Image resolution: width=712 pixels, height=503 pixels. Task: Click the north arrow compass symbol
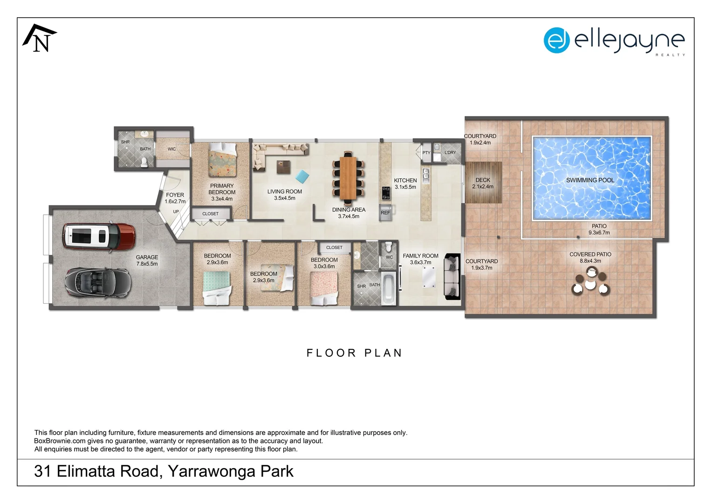click(x=40, y=39)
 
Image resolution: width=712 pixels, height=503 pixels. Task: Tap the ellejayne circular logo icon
click(x=556, y=41)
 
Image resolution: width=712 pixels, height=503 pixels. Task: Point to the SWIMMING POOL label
click(x=590, y=180)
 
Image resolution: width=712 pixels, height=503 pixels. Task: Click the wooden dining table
click(x=348, y=177)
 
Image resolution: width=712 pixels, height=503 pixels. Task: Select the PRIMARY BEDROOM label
click(x=222, y=189)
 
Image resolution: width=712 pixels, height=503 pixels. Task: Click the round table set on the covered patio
click(x=591, y=282)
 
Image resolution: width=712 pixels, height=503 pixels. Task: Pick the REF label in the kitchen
click(x=385, y=213)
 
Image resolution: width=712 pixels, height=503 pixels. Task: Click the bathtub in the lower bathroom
click(x=388, y=289)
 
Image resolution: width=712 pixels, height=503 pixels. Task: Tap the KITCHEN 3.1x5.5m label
click(x=405, y=184)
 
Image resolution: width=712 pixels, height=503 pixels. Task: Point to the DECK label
click(x=483, y=180)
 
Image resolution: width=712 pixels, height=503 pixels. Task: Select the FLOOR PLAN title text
click(x=354, y=353)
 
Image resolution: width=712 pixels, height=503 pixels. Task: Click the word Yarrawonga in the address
click(x=212, y=471)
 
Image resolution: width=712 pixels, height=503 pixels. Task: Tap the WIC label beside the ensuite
click(x=172, y=149)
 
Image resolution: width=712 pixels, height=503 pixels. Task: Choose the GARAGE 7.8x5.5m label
click(x=147, y=260)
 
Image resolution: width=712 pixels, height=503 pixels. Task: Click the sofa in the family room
click(x=452, y=277)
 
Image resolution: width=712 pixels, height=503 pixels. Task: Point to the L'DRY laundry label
click(x=450, y=153)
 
